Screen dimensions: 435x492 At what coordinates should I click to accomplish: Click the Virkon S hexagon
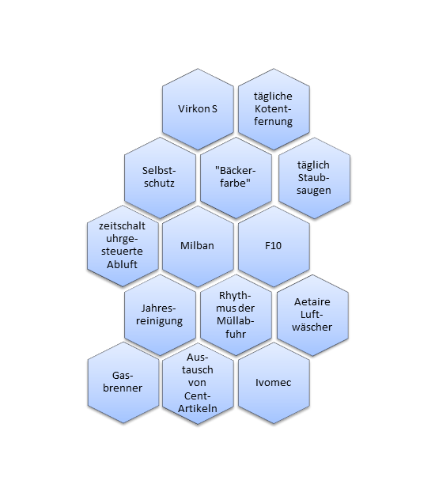point(198,109)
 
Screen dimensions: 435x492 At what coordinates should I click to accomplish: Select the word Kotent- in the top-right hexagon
point(273,109)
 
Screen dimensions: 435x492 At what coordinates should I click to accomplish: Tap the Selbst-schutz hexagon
point(160,178)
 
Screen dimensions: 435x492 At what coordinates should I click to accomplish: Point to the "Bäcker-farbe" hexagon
point(236,178)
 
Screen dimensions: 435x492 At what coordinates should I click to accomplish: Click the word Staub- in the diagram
point(313,178)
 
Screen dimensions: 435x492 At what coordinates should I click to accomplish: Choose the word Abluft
point(122,264)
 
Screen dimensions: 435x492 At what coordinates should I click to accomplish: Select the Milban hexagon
point(198,246)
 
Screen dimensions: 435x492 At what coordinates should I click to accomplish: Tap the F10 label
point(273,245)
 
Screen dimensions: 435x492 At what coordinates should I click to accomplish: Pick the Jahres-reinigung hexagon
point(160,315)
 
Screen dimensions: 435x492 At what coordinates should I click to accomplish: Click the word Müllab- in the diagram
point(235,320)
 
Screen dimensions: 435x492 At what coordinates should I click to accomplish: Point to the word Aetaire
point(312,302)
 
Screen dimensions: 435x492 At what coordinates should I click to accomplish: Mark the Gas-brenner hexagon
point(123,383)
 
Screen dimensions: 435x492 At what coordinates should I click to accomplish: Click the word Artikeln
point(198,408)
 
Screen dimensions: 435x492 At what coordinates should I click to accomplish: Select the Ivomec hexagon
point(274,384)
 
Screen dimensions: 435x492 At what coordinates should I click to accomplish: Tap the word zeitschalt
point(122,226)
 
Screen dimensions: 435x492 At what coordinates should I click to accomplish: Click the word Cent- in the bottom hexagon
point(197,396)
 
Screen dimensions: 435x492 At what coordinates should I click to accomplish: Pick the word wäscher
point(312,327)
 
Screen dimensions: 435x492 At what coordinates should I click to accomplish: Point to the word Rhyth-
point(235,295)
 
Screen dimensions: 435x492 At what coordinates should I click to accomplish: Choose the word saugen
point(313,191)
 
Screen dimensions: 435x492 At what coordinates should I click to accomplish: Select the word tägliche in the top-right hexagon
point(273,96)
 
